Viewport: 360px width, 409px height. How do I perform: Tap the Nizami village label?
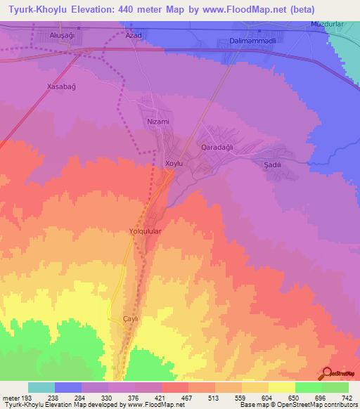coord(158,122)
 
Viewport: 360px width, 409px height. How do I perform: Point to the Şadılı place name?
coord(272,164)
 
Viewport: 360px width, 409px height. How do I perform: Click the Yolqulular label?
coord(146,231)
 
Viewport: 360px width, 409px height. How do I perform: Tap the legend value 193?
coord(28,397)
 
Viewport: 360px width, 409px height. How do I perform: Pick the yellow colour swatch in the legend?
coord(282,387)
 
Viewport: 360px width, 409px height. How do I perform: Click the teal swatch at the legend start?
coord(41,387)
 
